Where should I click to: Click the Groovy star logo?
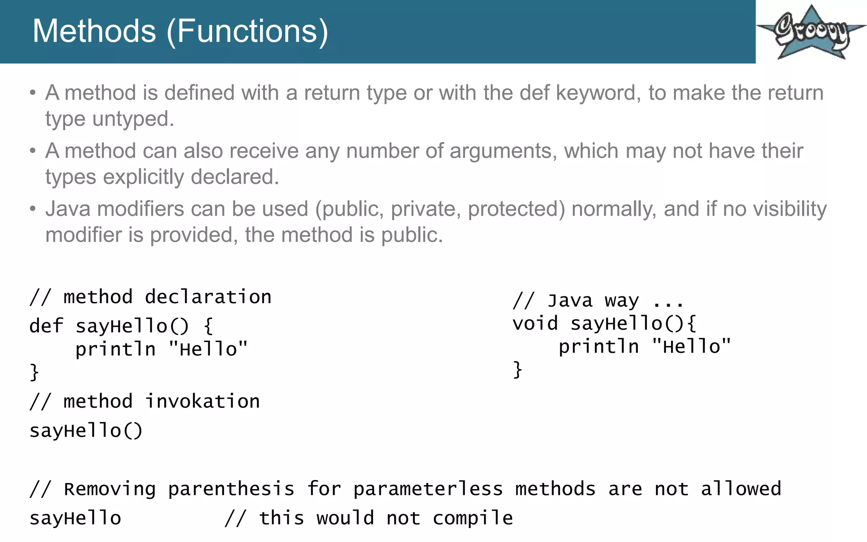click(x=811, y=32)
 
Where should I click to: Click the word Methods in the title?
click(x=94, y=31)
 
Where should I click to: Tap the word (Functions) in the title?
click(x=248, y=31)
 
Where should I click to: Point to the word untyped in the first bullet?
click(x=133, y=119)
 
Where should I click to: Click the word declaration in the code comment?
click(x=208, y=297)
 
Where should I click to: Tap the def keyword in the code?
click(x=46, y=326)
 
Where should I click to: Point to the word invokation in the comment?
click(x=202, y=401)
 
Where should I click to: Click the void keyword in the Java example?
click(x=535, y=324)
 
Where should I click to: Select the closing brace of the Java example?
click(x=517, y=370)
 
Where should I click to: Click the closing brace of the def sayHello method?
click(x=34, y=372)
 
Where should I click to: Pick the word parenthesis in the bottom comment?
click(x=231, y=489)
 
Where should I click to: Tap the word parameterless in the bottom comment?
click(x=428, y=489)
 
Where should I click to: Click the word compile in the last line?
click(x=472, y=518)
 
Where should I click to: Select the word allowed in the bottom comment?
click(x=741, y=489)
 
